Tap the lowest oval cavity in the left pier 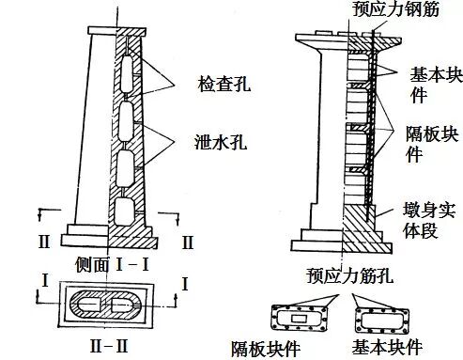pos(124,209)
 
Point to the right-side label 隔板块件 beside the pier pos(433,138)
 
